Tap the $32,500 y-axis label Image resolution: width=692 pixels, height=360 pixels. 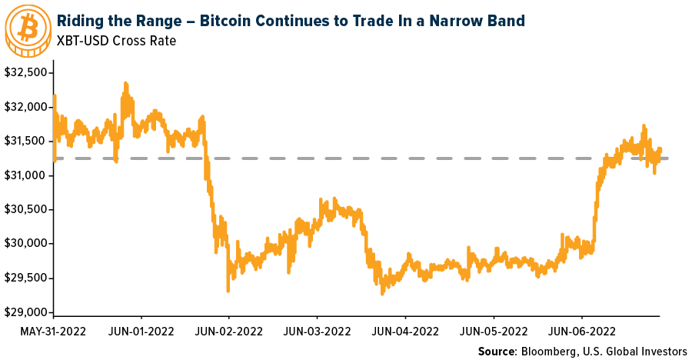click(x=27, y=72)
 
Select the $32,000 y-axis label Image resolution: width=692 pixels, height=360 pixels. click(x=27, y=107)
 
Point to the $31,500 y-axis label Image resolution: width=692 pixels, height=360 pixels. click(x=27, y=142)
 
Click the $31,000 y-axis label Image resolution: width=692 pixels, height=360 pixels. click(x=27, y=175)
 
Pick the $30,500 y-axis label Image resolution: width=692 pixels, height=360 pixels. click(x=27, y=209)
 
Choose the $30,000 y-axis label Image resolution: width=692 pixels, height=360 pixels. click(x=27, y=244)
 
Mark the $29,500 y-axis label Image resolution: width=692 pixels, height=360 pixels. click(x=27, y=278)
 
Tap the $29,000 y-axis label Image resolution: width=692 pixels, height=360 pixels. click(x=27, y=312)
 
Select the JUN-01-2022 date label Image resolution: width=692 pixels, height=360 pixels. click(x=141, y=332)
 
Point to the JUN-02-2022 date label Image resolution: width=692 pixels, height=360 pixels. click(x=230, y=332)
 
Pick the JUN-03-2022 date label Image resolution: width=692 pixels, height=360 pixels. click(x=318, y=332)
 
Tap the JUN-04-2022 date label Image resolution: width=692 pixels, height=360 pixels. click(x=406, y=332)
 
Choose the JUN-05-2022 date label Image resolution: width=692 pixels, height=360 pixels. click(x=494, y=332)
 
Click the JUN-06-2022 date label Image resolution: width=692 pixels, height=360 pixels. click(x=582, y=332)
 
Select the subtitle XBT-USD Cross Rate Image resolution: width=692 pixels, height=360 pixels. click(x=116, y=40)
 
